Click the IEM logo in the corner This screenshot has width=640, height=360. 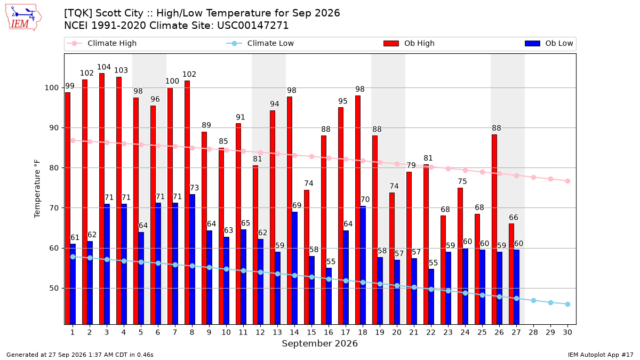[23, 18]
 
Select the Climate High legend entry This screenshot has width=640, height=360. [102, 43]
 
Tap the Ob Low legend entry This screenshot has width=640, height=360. [549, 43]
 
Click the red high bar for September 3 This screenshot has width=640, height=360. [102, 199]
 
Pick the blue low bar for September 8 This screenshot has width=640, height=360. [193, 259]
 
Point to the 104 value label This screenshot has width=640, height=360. [103, 67]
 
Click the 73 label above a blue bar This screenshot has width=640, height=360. [194, 188]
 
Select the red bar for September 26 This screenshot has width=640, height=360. [494, 229]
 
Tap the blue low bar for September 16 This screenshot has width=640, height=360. [329, 296]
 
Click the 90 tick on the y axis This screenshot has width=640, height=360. [54, 127]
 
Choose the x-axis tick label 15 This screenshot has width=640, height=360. [311, 332]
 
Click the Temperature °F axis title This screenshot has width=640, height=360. [37, 189]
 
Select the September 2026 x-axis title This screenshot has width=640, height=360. [319, 343]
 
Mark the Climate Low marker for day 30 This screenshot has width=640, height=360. [567, 305]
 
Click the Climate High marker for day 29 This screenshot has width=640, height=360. [550, 179]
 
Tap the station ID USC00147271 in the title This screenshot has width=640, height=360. [253, 26]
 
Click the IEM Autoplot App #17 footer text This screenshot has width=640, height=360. [601, 355]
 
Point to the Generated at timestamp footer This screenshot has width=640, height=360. [79, 355]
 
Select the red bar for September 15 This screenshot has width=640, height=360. [307, 257]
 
